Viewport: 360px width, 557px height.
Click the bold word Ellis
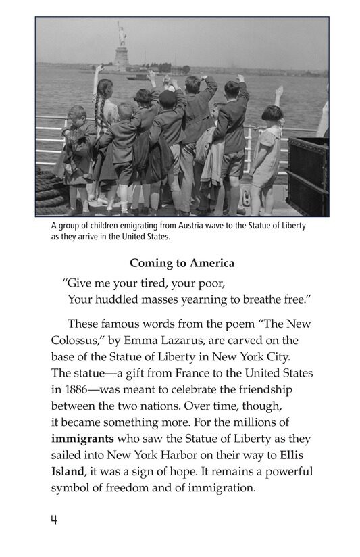coord(297,454)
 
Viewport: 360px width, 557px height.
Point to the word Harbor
coord(178,454)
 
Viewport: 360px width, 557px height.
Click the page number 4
coord(53,520)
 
